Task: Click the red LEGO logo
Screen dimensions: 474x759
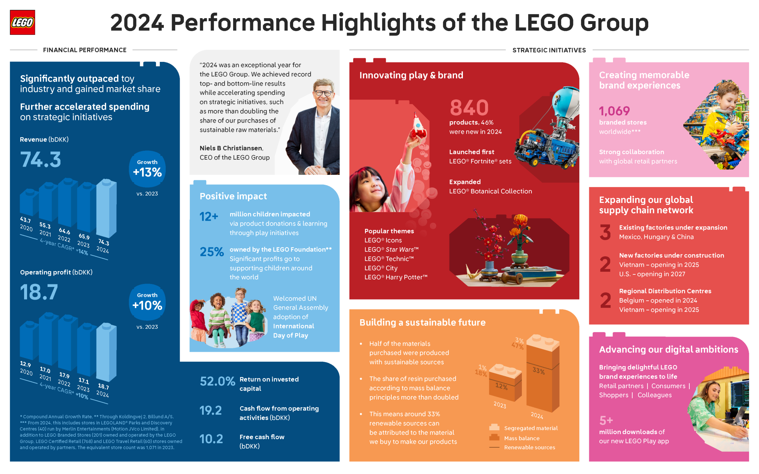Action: point(22,22)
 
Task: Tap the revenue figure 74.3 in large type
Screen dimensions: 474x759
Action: point(40,160)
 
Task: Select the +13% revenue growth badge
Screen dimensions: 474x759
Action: point(147,169)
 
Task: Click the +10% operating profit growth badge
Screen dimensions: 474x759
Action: point(147,302)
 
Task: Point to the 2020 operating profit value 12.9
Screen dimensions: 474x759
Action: point(26,364)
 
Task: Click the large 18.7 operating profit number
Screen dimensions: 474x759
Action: point(39,292)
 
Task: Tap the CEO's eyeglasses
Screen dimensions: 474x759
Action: point(324,93)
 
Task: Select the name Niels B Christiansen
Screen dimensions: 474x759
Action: point(231,148)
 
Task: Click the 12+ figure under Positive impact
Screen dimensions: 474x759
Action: point(209,217)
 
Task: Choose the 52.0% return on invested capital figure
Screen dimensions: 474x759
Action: point(217,381)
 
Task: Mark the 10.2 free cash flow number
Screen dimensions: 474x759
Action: point(211,439)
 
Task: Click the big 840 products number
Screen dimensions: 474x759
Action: point(469,108)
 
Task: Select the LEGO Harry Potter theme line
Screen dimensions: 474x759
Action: point(396,277)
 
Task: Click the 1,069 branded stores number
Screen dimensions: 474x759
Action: point(614,111)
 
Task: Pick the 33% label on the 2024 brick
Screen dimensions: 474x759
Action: point(538,371)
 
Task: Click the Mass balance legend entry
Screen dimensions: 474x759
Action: point(521,438)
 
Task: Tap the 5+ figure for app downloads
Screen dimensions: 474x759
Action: point(606,421)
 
